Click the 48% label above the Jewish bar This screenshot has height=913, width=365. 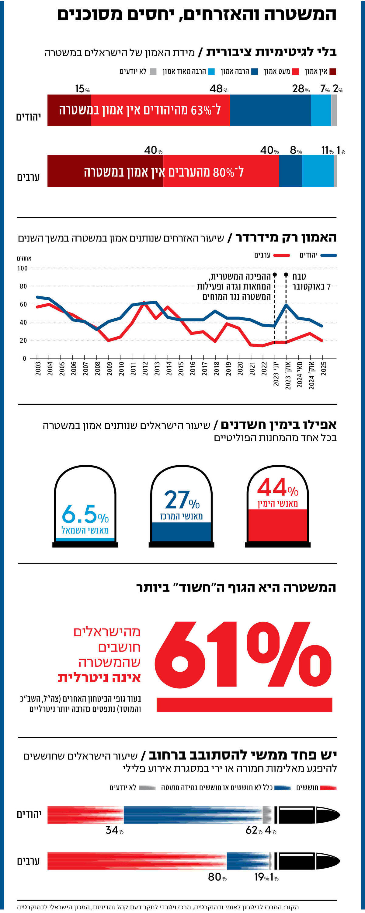pyautogui.click(x=218, y=89)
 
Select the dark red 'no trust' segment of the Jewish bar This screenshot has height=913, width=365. pyautogui.click(x=69, y=110)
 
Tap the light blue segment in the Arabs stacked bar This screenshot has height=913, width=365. pyautogui.click(x=318, y=171)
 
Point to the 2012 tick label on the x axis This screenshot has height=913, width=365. pyautogui.click(x=145, y=369)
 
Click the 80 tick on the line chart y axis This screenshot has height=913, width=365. pyautogui.click(x=23, y=286)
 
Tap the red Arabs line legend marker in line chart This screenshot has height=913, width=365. pyautogui.click(x=282, y=255)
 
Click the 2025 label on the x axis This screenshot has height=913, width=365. pyautogui.click(x=323, y=369)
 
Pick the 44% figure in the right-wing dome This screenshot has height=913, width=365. pyautogui.click(x=277, y=488)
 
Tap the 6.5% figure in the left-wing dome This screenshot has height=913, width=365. pyautogui.click(x=85, y=515)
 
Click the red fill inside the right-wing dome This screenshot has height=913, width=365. pyautogui.click(x=277, y=525)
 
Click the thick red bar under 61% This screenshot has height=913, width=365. pyautogui.click(x=244, y=705)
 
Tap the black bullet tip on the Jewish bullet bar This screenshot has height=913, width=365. pyautogui.click(x=328, y=815)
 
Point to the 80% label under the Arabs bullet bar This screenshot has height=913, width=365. pyautogui.click(x=217, y=877)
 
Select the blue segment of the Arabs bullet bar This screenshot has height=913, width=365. pyautogui.click(x=248, y=861)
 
